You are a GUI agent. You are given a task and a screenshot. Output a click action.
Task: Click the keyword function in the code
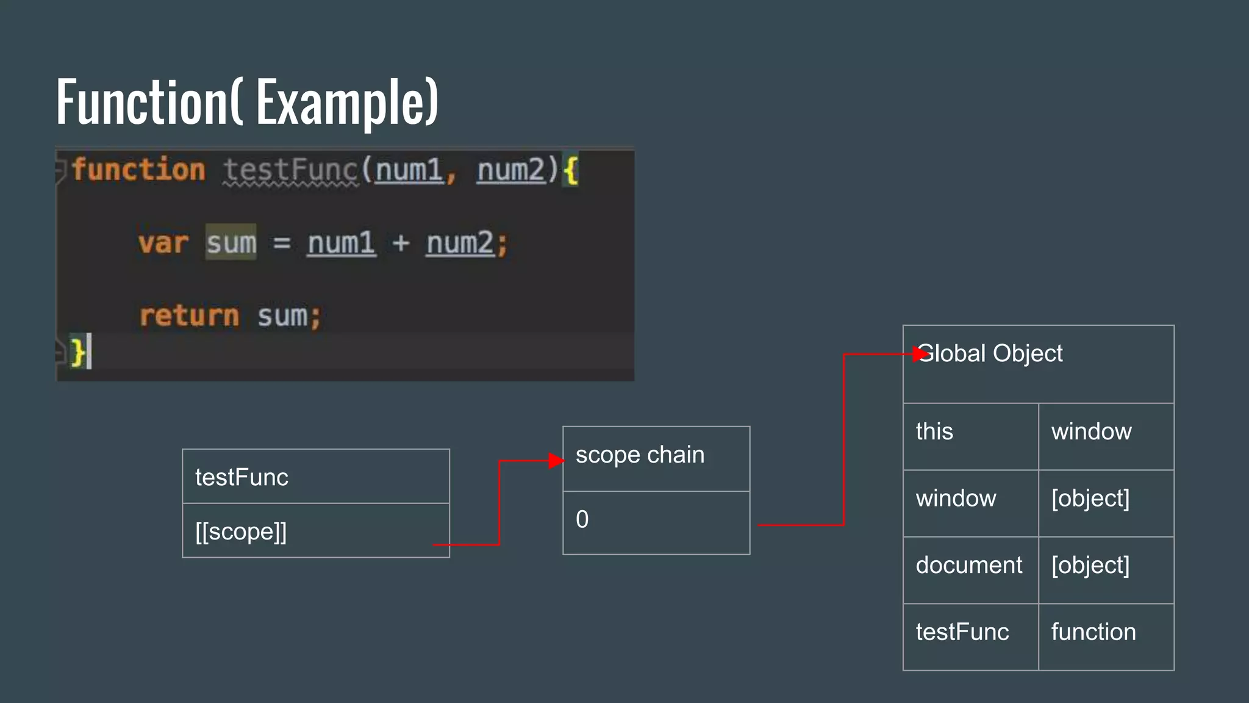coord(138,170)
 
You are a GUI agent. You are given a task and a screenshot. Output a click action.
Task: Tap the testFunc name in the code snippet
coord(290,170)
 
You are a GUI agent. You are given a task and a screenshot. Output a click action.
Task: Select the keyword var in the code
coord(163,243)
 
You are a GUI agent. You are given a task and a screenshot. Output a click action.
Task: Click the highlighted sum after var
coord(231,243)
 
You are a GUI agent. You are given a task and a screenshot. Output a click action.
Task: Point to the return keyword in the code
coord(189,316)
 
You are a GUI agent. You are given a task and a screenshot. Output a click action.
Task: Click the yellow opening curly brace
coord(570,170)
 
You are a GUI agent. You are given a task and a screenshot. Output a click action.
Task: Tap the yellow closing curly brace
coord(77,352)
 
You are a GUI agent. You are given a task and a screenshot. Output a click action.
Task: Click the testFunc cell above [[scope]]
coord(315,477)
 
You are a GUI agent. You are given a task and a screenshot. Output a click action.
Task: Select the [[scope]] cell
coord(315,531)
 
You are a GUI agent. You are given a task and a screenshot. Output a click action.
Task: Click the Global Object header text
coord(990,353)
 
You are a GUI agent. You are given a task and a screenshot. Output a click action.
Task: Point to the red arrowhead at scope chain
coord(556,461)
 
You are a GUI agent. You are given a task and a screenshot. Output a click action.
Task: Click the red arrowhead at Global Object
coord(920,354)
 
